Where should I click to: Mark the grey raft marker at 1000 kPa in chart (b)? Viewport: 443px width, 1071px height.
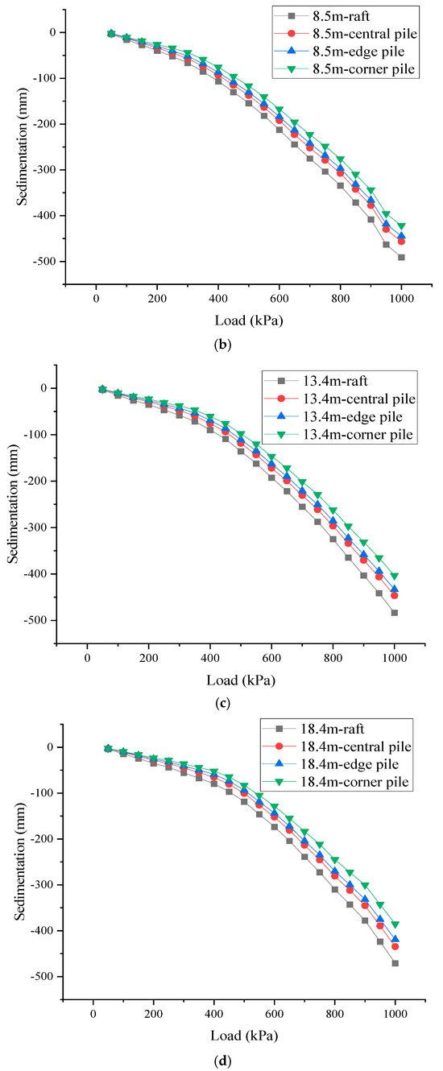(x=401, y=258)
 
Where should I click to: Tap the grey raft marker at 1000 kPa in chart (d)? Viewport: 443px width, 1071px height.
(x=395, y=963)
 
